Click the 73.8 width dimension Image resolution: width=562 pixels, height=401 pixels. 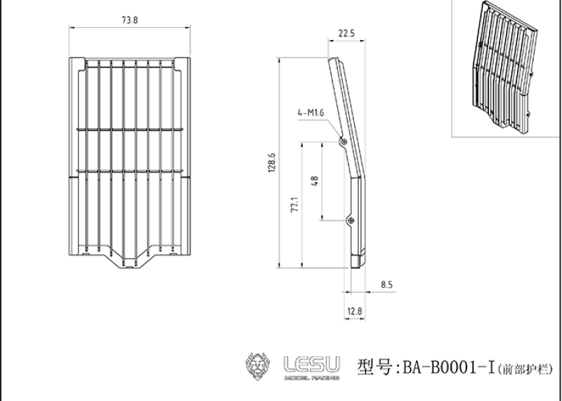pyautogui.click(x=129, y=20)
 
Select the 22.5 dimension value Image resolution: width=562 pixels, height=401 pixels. pyautogui.click(x=346, y=33)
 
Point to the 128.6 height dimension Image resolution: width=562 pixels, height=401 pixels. pyautogui.click(x=272, y=163)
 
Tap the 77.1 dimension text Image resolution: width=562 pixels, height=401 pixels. pyautogui.click(x=294, y=204)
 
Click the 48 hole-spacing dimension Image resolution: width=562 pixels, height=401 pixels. pyautogui.click(x=315, y=181)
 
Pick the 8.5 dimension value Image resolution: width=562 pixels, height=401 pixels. pyautogui.click(x=387, y=285)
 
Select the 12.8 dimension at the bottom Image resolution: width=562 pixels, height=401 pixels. pyautogui.click(x=355, y=311)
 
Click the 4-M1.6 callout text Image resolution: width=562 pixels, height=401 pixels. pyautogui.click(x=311, y=113)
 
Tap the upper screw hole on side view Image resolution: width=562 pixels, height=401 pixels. pyautogui.click(x=344, y=142)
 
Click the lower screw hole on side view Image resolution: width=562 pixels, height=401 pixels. pyautogui.click(x=351, y=221)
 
